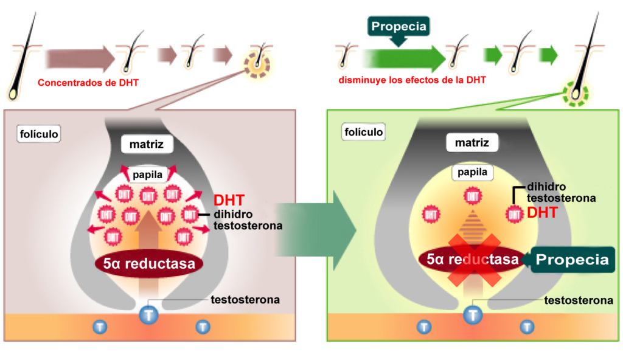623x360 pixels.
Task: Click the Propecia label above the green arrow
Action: [x=399, y=27]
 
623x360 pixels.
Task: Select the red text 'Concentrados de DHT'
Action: [x=88, y=82]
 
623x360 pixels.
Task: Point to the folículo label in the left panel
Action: [x=40, y=133]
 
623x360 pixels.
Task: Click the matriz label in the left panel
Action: [x=147, y=145]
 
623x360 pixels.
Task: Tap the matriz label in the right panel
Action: [x=472, y=144]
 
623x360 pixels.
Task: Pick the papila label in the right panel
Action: [x=472, y=172]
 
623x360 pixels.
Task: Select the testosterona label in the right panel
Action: [x=578, y=300]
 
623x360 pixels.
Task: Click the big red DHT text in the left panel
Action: [x=229, y=199]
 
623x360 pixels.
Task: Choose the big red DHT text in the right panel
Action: [x=543, y=212]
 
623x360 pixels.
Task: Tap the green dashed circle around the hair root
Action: [x=575, y=94]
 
